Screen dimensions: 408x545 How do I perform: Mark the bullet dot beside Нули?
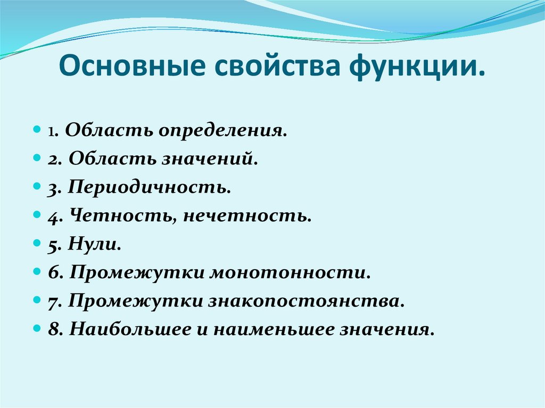pos(36,245)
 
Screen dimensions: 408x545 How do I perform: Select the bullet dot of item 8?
pos(36,330)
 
